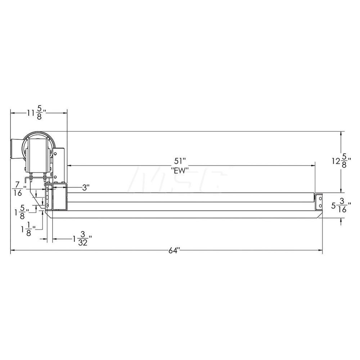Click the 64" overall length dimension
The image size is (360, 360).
click(174, 251)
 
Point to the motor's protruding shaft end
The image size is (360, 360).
click(17, 148)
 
